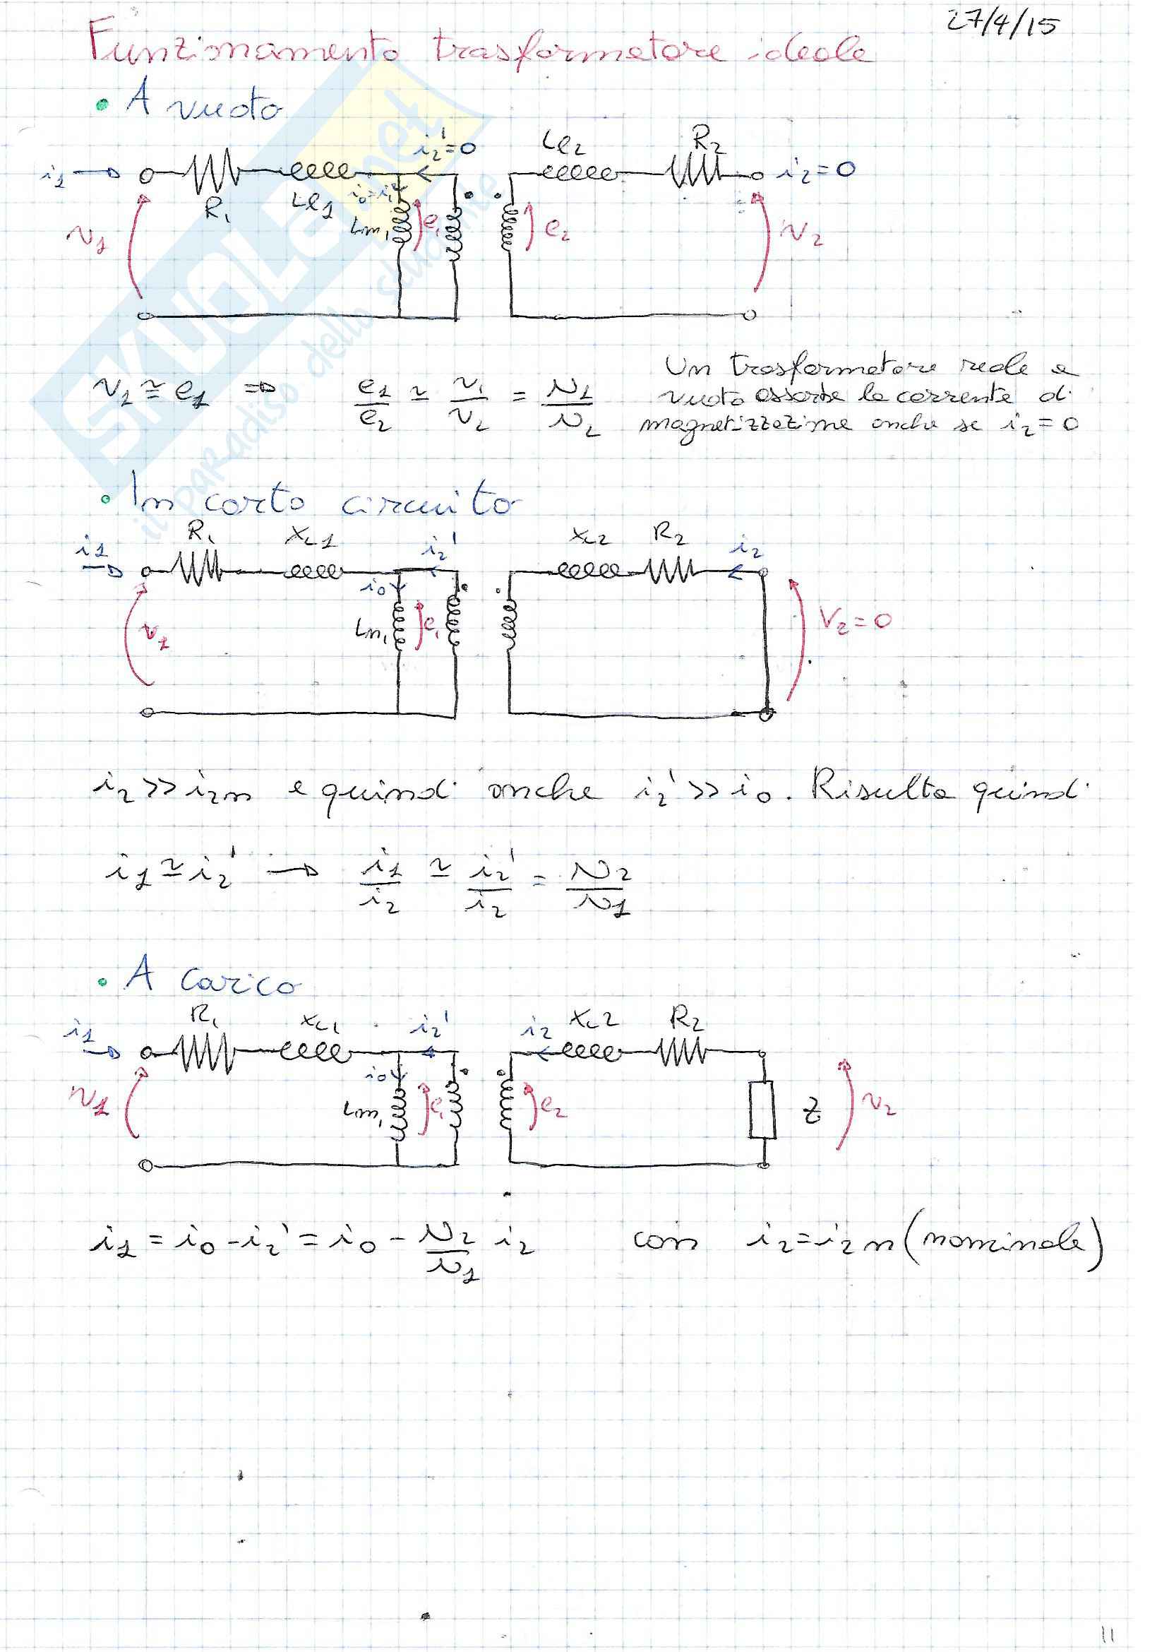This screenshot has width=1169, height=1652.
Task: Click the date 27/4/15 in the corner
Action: (x=1002, y=27)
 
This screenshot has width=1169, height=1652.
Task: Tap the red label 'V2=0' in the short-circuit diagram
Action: (x=854, y=619)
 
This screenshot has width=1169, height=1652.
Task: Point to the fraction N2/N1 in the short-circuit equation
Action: (x=599, y=889)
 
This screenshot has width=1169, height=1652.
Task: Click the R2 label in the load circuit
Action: (x=687, y=1018)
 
